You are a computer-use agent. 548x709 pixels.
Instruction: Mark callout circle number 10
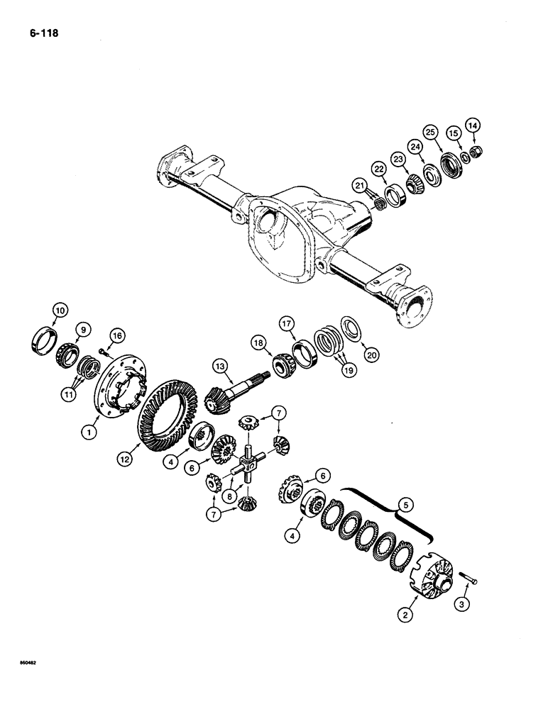pyautogui.click(x=59, y=308)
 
